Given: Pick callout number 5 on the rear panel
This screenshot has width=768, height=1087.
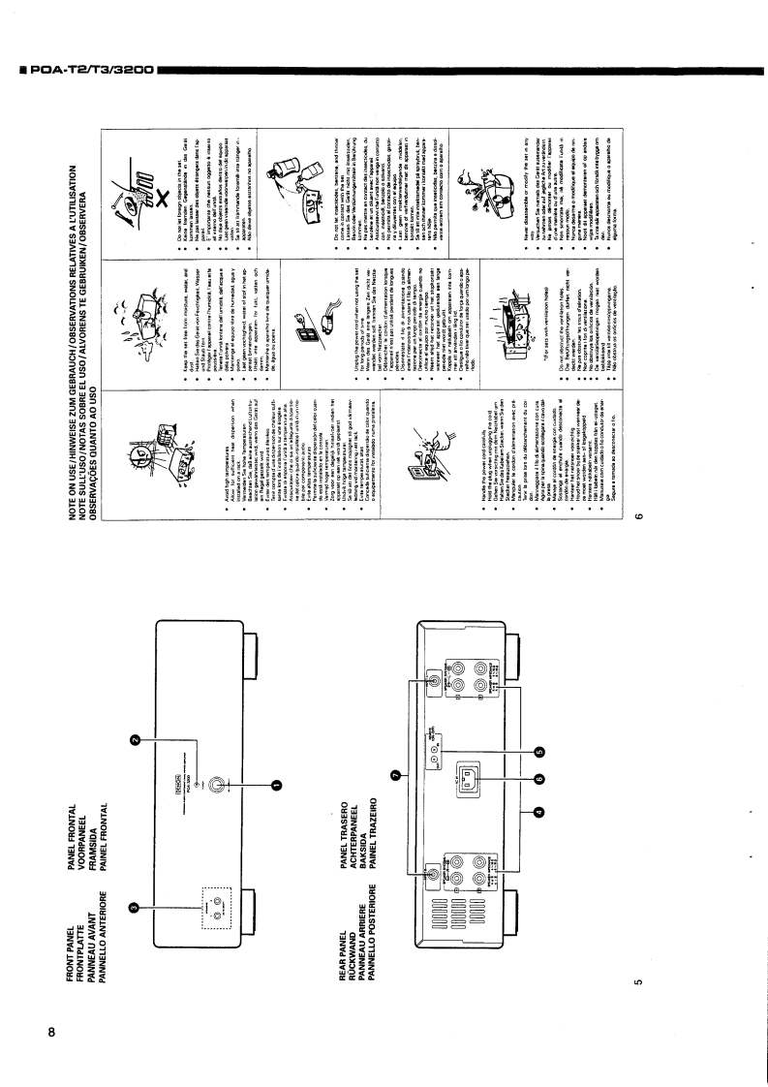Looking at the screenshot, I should (x=538, y=753).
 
